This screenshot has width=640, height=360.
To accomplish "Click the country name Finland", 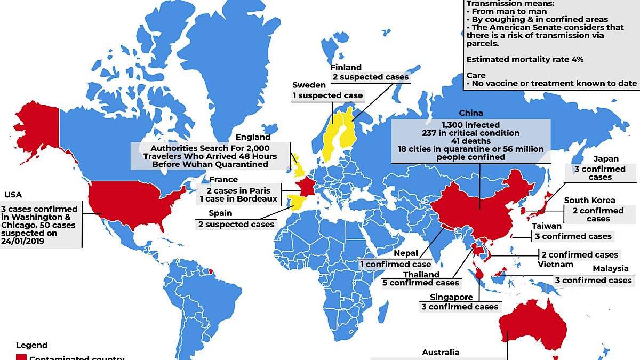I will tap(346, 67).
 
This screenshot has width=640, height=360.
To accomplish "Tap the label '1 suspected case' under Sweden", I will tap(327, 95).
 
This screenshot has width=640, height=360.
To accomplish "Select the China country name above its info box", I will tap(470, 113).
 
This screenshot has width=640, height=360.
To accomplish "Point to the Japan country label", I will tap(606, 158).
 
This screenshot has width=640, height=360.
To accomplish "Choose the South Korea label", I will tap(589, 201).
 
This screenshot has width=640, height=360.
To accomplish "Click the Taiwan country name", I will tap(546, 226).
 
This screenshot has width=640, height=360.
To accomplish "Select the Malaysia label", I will tap(610, 268).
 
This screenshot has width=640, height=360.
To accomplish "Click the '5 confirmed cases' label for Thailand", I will tap(420, 283).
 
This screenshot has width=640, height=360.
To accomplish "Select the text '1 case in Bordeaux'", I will tap(238, 199).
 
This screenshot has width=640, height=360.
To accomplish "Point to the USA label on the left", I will tap(13, 195).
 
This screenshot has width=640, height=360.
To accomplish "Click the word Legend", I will tap(31, 345).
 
